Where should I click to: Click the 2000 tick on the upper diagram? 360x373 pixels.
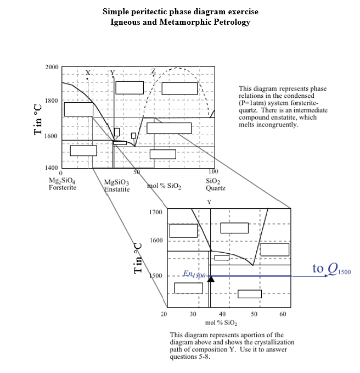point(52,67)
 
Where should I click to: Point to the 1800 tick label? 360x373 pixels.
point(52,101)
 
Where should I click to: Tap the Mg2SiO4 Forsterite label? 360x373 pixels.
point(63,183)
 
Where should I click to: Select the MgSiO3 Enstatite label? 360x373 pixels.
point(117,186)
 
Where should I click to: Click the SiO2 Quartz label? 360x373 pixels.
point(215,184)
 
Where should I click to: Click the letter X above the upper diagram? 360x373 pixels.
point(88,73)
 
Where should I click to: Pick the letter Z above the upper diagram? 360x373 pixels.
point(153,72)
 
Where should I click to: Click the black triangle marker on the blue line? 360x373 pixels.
point(211,279)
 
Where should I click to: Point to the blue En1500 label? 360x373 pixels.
point(193,274)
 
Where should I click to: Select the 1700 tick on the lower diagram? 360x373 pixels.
point(156,211)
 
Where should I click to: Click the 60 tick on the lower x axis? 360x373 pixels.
point(283,314)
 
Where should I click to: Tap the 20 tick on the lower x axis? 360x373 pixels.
point(164,314)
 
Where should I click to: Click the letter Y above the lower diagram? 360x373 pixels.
point(209,202)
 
